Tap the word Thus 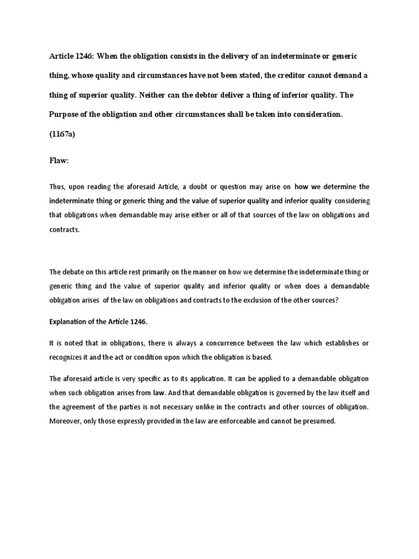57,187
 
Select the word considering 352,201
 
